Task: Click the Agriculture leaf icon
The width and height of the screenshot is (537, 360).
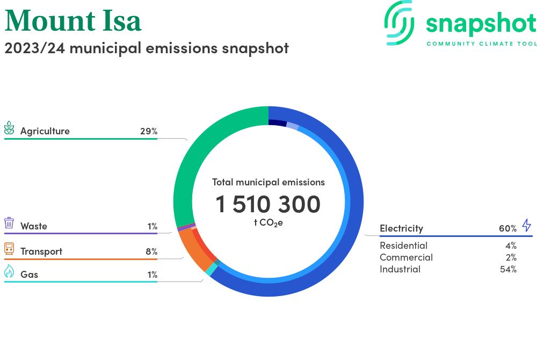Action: [x=9, y=128]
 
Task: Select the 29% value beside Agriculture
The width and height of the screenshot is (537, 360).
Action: [x=148, y=131]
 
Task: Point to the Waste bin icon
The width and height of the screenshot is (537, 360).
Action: [x=9, y=223]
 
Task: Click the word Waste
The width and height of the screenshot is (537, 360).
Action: [x=34, y=226]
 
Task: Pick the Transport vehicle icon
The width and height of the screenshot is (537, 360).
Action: [x=9, y=248]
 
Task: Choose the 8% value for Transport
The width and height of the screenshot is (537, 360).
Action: [x=151, y=251]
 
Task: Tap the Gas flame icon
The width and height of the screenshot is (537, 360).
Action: [x=9, y=272]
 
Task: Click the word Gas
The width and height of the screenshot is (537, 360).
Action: [x=29, y=275]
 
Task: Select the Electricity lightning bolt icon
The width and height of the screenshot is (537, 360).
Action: [x=526, y=225]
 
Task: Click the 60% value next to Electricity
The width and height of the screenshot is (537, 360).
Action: [x=507, y=228]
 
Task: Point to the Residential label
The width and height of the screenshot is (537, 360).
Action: [x=403, y=246]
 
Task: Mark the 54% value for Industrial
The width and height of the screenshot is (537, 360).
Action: [x=508, y=269]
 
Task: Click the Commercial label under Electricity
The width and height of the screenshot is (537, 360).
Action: [x=406, y=257]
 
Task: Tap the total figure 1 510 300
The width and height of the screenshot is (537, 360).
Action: [x=268, y=204]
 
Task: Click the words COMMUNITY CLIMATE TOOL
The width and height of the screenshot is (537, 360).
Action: [x=481, y=44]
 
